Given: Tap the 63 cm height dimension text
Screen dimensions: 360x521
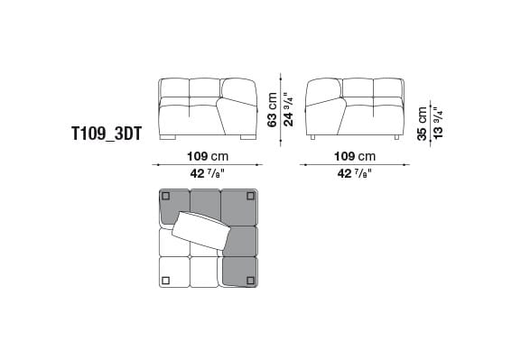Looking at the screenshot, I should (x=271, y=109).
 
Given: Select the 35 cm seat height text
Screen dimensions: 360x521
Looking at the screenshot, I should (x=423, y=122).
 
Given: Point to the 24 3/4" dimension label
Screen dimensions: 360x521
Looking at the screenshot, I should (x=286, y=109).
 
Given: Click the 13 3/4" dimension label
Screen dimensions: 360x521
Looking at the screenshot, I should (x=438, y=122).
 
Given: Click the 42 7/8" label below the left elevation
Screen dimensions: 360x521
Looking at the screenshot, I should (x=207, y=173).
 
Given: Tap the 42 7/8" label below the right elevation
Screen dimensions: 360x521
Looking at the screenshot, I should (x=354, y=173).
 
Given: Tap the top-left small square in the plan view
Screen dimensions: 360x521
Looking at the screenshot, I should (x=165, y=195).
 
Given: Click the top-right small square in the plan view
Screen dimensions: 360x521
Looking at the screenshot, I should (x=251, y=195).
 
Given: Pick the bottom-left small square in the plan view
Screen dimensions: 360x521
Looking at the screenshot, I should (x=165, y=280).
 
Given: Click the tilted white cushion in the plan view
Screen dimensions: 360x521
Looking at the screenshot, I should (x=200, y=229).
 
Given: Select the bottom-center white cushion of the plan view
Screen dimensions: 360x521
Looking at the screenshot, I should (x=205, y=271).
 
